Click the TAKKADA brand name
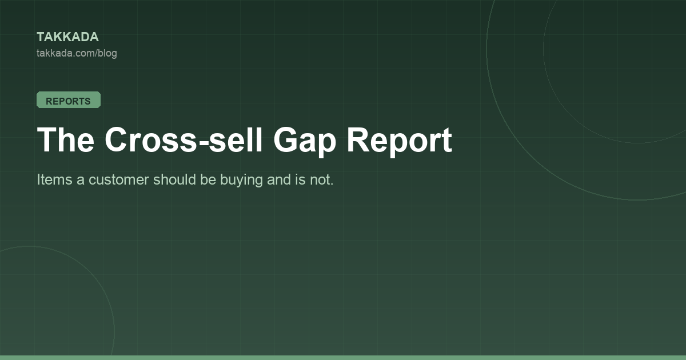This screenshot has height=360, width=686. click(x=67, y=37)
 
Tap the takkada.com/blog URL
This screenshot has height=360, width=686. click(x=77, y=53)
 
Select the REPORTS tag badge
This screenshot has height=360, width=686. click(x=69, y=100)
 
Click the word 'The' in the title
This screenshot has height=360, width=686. click(x=66, y=139)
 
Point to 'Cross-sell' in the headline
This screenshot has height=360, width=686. click(x=184, y=139)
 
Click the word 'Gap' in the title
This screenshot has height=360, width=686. click(x=305, y=142)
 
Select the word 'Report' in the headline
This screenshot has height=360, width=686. click(x=400, y=142)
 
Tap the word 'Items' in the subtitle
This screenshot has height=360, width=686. click(x=54, y=179)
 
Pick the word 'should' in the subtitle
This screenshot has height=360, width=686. click(x=174, y=179)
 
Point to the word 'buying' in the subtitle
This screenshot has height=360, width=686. click(x=241, y=181)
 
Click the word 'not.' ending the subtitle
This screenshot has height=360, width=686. click(x=321, y=180)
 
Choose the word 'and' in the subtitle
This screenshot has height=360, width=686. click(x=279, y=179)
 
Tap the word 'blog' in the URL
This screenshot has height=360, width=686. click(x=107, y=53)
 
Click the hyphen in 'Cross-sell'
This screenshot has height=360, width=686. click(x=204, y=142)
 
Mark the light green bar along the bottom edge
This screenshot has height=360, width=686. click(x=343, y=358)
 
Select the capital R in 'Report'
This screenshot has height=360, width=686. click(x=358, y=139)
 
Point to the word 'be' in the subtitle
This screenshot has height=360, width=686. click(x=208, y=179)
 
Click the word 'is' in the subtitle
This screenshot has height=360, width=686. click(x=301, y=179)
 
